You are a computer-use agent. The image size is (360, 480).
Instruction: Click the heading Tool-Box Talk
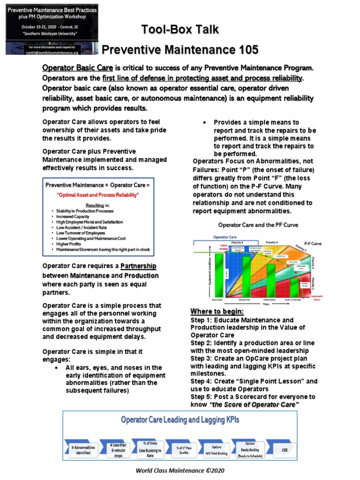point(180,30)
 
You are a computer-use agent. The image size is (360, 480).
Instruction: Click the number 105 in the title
point(243,50)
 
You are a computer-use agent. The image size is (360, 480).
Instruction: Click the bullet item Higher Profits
point(68,244)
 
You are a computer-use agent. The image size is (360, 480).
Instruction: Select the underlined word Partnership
point(138,266)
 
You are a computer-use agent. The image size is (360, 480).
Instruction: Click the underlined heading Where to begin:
point(217,312)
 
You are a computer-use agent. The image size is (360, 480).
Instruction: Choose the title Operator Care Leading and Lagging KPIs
point(180,420)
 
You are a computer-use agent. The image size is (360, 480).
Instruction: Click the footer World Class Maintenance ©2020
point(180,471)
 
